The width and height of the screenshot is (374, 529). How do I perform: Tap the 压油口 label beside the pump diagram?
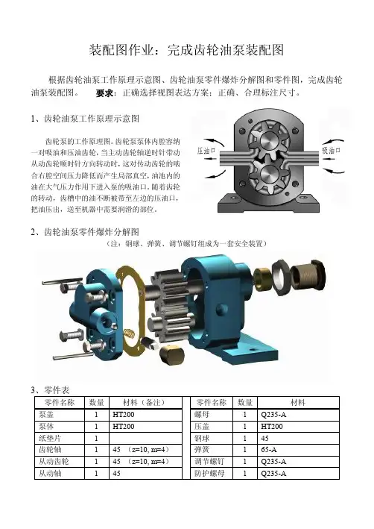(206, 151)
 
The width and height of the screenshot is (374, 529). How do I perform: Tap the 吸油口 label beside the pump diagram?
(331, 150)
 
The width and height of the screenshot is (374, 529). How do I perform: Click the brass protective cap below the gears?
(171, 354)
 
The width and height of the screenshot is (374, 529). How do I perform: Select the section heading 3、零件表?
(50, 390)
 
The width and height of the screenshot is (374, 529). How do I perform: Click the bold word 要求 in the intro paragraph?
(104, 93)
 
